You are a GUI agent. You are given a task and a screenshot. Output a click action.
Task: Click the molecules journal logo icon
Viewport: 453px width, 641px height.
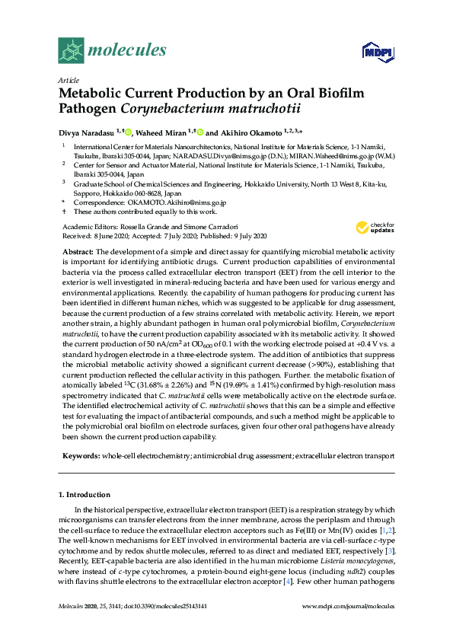point(71,51)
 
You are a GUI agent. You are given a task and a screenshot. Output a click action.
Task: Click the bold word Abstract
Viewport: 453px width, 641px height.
point(77,251)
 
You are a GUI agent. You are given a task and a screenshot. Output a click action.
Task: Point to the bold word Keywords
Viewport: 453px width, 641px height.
point(80,456)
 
